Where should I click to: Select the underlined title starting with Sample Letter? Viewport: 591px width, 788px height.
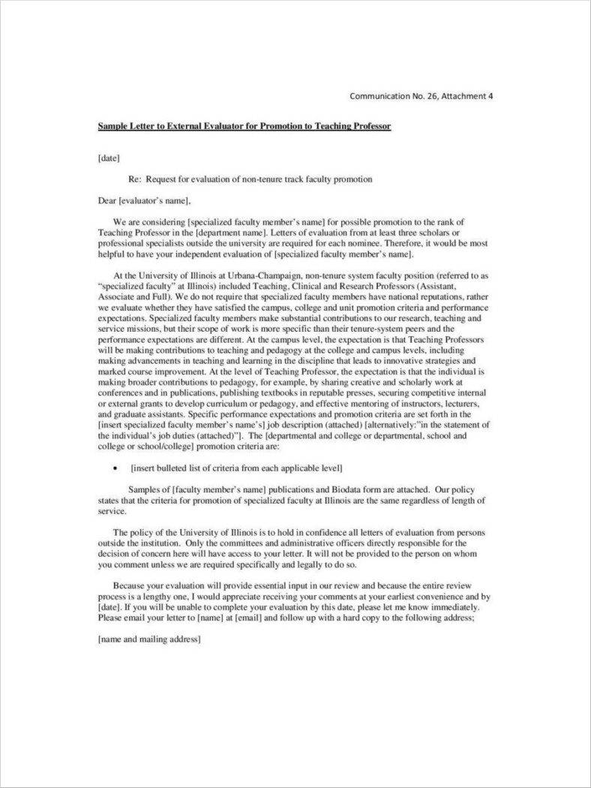click(244, 126)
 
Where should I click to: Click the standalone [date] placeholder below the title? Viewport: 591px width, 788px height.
click(109, 158)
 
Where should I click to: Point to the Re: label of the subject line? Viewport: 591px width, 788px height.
click(135, 180)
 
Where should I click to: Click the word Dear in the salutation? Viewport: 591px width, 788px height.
click(107, 200)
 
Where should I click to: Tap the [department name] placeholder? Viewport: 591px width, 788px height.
click(218, 233)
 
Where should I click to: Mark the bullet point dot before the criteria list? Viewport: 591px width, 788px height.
click(114, 467)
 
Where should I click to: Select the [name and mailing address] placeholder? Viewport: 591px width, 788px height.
click(149, 639)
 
